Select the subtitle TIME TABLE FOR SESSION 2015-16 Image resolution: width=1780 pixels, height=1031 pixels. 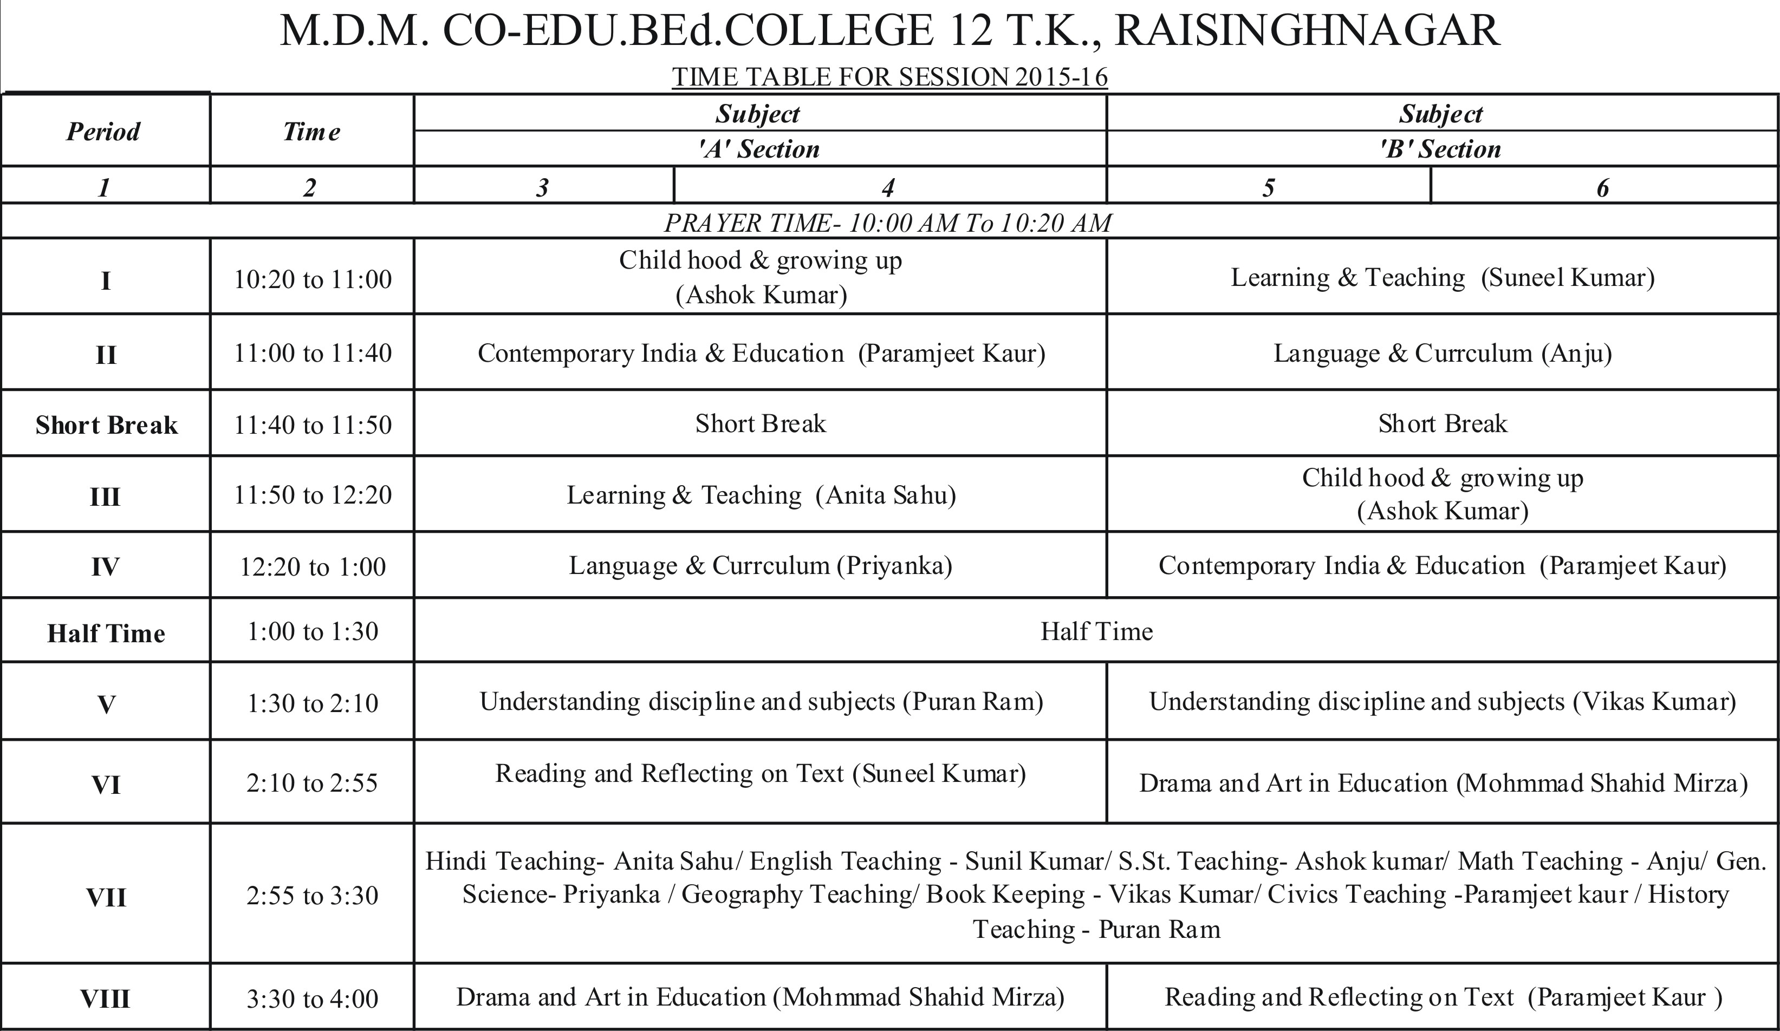pyautogui.click(x=889, y=77)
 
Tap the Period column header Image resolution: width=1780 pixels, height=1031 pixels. pyautogui.click(x=104, y=132)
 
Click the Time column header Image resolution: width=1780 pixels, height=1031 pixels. pyautogui.click(x=311, y=132)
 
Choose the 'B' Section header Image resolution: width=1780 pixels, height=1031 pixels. pyautogui.click(x=1441, y=149)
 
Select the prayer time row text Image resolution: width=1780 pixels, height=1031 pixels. pyautogui.click(x=888, y=223)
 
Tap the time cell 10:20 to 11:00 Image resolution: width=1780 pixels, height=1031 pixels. pyautogui.click(x=312, y=279)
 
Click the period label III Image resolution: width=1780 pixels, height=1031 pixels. pyautogui.click(x=105, y=497)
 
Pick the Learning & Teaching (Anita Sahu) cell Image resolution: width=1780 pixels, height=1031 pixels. pyautogui.click(x=761, y=495)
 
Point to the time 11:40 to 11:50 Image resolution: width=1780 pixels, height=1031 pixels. pyautogui.click(x=312, y=425)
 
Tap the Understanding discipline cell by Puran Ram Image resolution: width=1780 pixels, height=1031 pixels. pyautogui.click(x=761, y=701)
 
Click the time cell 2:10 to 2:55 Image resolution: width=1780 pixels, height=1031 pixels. pyautogui.click(x=312, y=783)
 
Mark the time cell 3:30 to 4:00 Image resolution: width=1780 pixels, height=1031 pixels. pyautogui.click(x=312, y=999)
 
